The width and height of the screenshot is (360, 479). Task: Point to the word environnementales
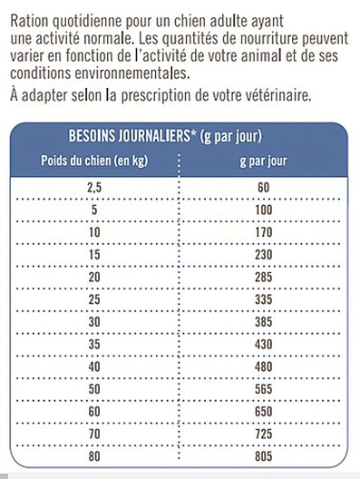[x=127, y=74]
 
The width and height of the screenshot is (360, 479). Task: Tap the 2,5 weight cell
[x=93, y=188]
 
